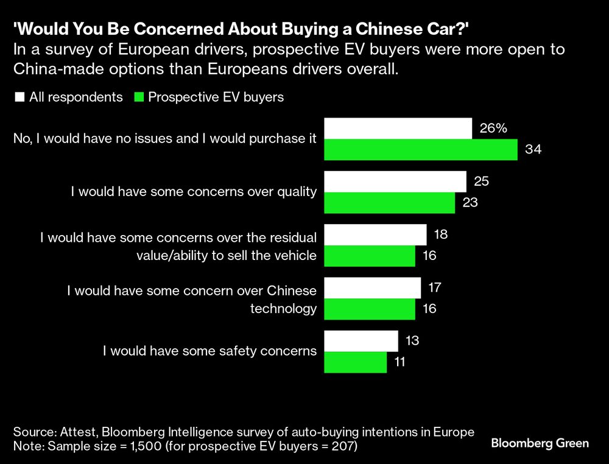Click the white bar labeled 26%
click(398, 128)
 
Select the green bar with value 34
click(421, 150)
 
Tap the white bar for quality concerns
click(395, 181)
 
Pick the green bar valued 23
click(390, 203)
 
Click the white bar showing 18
click(375, 234)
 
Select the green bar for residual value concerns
click(370, 256)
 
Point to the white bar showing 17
click(373, 287)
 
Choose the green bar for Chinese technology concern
click(370, 309)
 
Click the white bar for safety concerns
click(361, 340)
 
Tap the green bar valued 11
click(356, 362)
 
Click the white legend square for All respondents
click(19, 97)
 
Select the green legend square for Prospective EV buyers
click(138, 97)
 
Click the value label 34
click(533, 150)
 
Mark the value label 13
click(412, 340)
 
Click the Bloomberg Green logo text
click(540, 443)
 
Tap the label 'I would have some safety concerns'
click(210, 351)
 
